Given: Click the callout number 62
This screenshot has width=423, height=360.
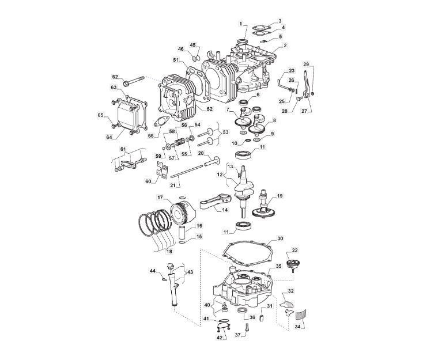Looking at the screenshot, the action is coord(115,77).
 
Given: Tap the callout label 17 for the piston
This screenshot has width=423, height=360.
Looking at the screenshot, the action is coord(161,198).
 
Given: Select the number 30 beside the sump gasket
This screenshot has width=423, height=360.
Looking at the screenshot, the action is coord(280,238).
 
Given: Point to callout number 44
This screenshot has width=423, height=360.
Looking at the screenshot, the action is coord(153,270).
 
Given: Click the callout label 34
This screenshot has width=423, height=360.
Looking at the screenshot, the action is coord(297,327).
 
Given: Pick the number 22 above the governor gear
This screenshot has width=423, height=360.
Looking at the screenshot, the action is coord(295,250).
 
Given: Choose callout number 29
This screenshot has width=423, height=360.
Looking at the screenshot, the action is coord(306,65).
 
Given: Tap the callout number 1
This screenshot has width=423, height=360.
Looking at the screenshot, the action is coord(240,24).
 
